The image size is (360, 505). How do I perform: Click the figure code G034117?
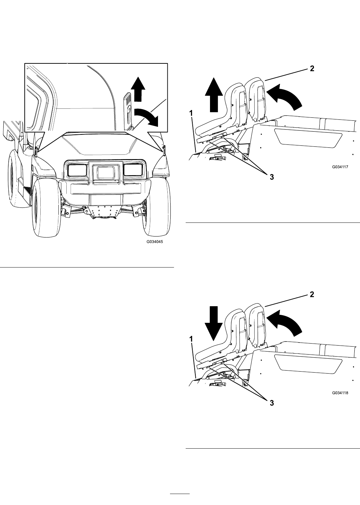340,167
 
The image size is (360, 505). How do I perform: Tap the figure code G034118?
340,393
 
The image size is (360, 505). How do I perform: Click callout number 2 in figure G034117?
312,68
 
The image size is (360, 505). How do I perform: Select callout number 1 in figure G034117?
191,113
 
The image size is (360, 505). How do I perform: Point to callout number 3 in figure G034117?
272,177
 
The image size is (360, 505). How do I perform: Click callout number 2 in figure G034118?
312,295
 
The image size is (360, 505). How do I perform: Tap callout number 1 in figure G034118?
191,339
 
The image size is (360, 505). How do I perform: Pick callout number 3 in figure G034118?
272,403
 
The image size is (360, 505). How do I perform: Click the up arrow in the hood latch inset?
138,89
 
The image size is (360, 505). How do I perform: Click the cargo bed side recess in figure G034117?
308,138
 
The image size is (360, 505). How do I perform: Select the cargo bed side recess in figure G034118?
308,364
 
